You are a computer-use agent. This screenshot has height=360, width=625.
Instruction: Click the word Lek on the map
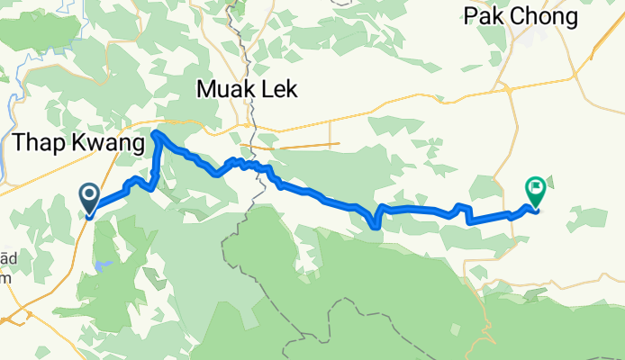point(277,90)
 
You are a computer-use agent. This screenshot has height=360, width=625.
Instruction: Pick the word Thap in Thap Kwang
point(37,143)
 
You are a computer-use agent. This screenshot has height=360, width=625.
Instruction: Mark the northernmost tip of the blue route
point(156,133)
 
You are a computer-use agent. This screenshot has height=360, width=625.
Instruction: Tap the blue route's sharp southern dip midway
point(375,227)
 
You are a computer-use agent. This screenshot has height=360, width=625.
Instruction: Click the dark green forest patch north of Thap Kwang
point(41,31)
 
